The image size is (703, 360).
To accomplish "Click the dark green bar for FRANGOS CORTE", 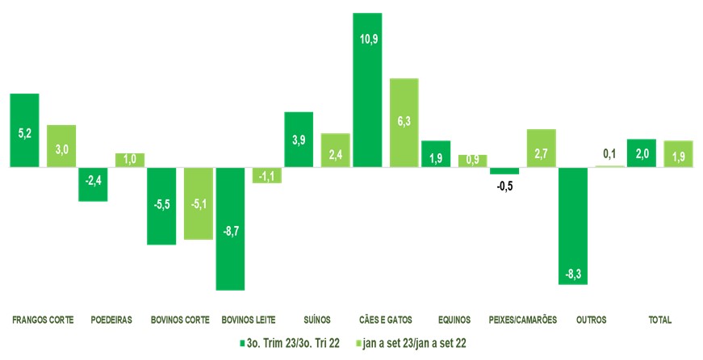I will pos(24,131).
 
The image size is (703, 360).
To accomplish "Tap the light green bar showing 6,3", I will pos(404,123).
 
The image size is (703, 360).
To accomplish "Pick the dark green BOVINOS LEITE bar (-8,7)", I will pos(230,228).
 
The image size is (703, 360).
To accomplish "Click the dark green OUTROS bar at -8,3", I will pos(573,226).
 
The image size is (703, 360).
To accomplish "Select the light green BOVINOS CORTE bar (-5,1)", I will pos(198,203).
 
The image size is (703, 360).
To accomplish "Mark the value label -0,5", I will pos(504,187).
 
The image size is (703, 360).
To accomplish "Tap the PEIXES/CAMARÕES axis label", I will pos(523,320).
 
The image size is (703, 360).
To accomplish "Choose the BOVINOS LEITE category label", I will pos(249,320).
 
